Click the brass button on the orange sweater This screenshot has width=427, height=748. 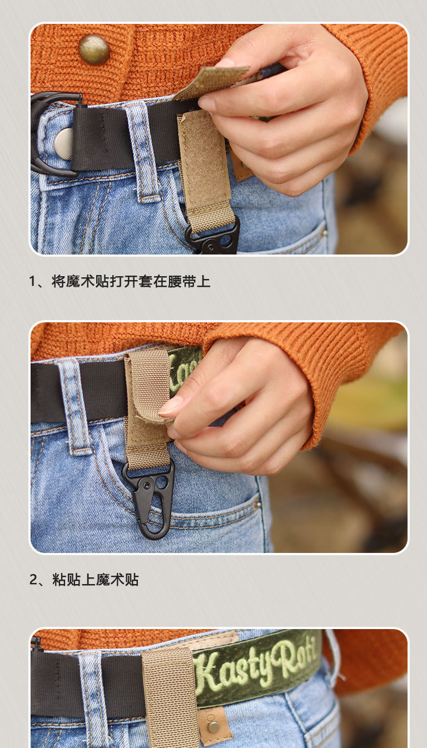95,49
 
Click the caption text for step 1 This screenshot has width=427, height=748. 120,281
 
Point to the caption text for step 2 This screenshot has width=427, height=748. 84,580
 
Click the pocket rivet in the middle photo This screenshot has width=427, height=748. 257,503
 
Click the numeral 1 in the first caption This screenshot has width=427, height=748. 32,282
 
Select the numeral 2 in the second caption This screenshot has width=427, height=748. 33,580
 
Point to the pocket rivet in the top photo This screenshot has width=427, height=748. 325,233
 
